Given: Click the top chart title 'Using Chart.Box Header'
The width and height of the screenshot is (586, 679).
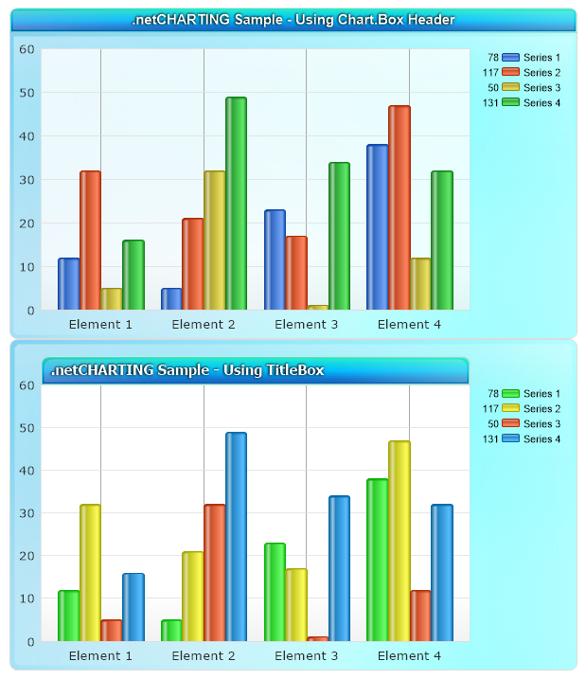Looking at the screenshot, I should coord(293,20).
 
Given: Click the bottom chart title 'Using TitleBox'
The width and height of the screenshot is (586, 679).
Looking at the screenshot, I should coord(187,370).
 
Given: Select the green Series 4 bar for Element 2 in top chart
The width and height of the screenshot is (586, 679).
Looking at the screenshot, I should coord(236,204).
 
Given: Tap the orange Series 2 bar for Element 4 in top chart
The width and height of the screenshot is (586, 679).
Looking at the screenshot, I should coord(399,207).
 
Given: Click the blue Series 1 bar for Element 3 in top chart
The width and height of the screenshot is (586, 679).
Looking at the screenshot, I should coord(275,259).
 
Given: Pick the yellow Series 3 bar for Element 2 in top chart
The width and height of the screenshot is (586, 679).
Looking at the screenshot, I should coord(215,241).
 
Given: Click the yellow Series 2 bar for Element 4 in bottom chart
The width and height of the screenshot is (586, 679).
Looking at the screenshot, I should coord(399,541).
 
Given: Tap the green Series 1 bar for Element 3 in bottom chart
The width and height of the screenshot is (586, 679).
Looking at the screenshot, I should coord(275,592).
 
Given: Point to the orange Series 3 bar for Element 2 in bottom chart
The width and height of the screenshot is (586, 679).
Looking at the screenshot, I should coord(215,573).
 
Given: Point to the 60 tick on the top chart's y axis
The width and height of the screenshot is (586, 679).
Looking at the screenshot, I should coord(27,49).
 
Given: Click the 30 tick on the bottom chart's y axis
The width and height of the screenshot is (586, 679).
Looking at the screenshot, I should coord(27,513).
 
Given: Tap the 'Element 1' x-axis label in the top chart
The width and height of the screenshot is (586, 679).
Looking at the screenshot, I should coord(100,324).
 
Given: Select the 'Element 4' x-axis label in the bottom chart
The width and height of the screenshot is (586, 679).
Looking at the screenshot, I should coord(409,655).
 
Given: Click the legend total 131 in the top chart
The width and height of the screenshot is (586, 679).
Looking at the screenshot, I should coord(490,102).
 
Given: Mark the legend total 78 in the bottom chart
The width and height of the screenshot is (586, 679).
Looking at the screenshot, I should coord(492,394).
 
